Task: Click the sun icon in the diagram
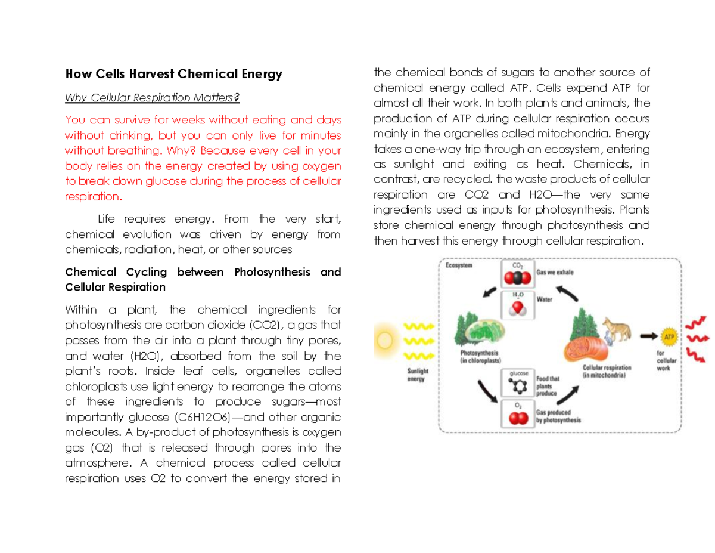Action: (x=384, y=341)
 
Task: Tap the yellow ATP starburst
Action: (x=669, y=336)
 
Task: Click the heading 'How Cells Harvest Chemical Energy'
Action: (x=173, y=74)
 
